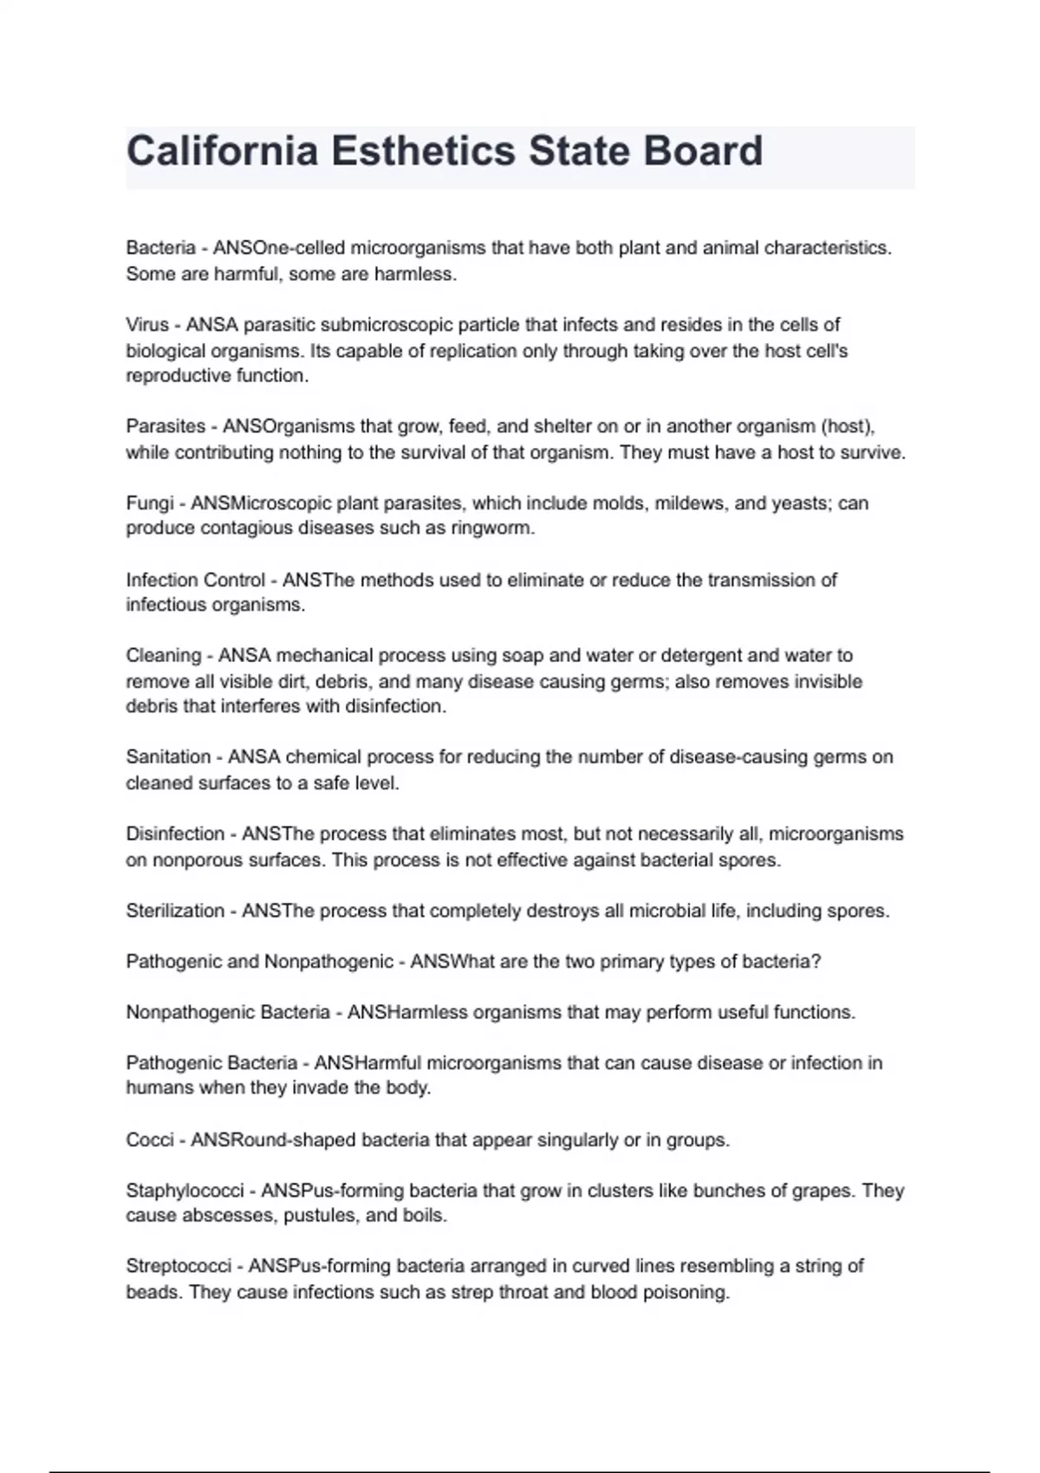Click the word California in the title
click(x=222, y=151)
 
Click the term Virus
click(x=147, y=325)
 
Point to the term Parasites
click(x=166, y=426)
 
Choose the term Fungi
click(x=150, y=503)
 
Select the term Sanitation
click(x=168, y=757)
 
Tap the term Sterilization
click(x=175, y=911)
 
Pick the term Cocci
click(x=150, y=1140)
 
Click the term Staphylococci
click(x=185, y=1191)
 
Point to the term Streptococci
click(x=179, y=1266)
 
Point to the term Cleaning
click(x=164, y=656)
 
